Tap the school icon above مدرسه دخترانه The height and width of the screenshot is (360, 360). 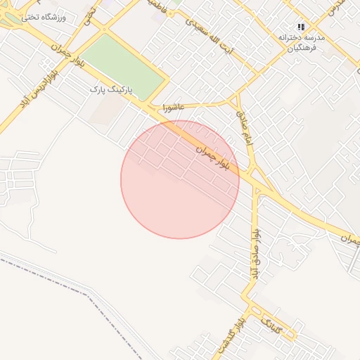(x=302, y=27)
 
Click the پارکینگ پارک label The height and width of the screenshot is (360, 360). (x=113, y=90)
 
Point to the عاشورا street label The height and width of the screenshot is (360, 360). (x=172, y=108)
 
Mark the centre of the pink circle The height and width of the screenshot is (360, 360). (x=180, y=179)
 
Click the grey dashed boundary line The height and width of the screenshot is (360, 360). (x=70, y=281)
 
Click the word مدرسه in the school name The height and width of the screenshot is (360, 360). (x=316, y=37)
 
